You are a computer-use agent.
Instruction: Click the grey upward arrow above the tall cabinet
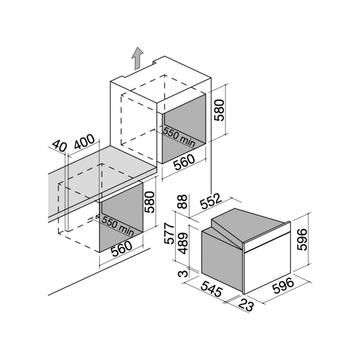click(x=138, y=58)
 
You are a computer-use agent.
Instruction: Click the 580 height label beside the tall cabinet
click(x=219, y=110)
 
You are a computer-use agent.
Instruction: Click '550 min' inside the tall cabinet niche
click(x=179, y=137)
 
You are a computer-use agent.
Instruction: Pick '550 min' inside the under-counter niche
click(x=117, y=226)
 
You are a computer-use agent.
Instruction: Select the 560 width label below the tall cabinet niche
click(x=184, y=162)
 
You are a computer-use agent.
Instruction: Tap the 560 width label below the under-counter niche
click(x=121, y=248)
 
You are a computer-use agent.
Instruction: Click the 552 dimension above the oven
click(x=211, y=201)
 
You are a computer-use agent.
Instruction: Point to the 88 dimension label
click(x=183, y=201)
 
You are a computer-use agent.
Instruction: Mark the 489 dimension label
click(x=183, y=243)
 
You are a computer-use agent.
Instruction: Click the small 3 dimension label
click(x=183, y=274)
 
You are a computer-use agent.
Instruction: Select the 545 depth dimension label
click(x=211, y=288)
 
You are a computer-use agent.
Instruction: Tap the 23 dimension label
click(x=246, y=306)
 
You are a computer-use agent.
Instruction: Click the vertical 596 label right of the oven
click(x=302, y=239)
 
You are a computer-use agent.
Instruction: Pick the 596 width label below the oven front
click(x=283, y=285)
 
